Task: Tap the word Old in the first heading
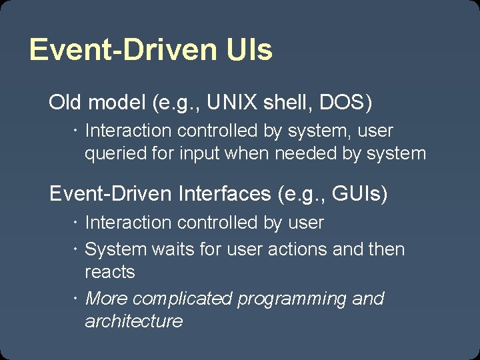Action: (x=65, y=103)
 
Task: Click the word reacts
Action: (x=110, y=272)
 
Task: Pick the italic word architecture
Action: (x=133, y=321)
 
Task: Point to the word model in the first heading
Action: (x=117, y=103)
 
